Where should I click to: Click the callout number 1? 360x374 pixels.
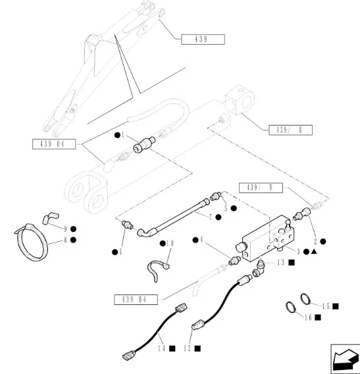pyautogui.click(x=123, y=135)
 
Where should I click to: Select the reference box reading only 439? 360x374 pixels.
pyautogui.click(x=203, y=39)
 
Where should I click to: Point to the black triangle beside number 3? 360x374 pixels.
pyautogui.click(x=314, y=251)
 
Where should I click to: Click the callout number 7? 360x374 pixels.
pyautogui.click(x=211, y=218)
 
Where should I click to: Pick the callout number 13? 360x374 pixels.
pyautogui.click(x=280, y=263)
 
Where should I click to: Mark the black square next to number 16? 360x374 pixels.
pyautogui.click(x=318, y=317)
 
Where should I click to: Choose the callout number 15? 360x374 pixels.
pyautogui.click(x=326, y=306)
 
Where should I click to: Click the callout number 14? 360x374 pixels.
pyautogui.click(x=162, y=348)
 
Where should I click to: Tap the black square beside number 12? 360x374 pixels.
pyautogui.click(x=197, y=348)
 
